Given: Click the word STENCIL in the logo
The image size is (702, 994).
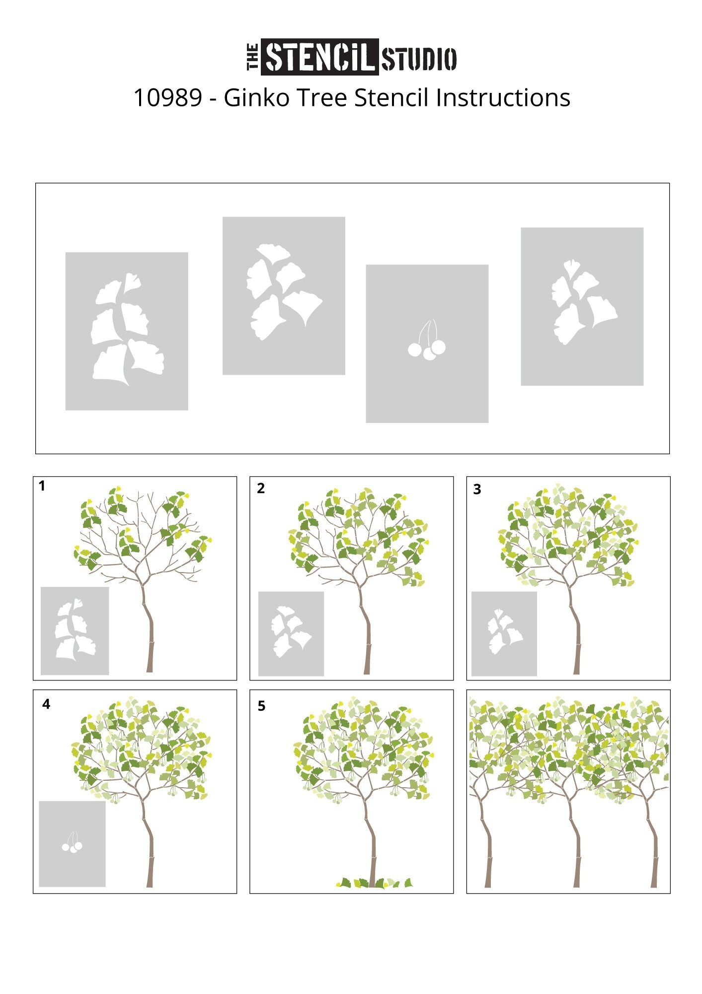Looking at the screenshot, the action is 320,57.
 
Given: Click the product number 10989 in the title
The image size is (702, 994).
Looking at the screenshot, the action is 168,98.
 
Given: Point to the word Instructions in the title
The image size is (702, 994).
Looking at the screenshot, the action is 503,97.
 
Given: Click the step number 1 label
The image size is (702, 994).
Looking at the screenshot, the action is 42,486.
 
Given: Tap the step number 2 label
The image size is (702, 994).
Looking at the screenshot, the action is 261,489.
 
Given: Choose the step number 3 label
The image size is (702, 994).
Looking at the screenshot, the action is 477,490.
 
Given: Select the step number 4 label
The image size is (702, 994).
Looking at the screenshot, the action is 46,704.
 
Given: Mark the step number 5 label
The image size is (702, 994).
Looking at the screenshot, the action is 261,706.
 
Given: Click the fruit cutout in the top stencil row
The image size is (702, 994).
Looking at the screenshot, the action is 427,340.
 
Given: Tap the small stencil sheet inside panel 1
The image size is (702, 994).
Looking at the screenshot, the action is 75,631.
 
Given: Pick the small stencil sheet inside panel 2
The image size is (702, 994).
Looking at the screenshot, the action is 291,634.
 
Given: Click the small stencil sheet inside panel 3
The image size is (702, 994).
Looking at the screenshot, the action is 504,634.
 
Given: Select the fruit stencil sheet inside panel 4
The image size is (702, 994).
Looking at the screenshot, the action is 73,844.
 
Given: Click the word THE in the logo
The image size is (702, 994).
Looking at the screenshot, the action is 253,57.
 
